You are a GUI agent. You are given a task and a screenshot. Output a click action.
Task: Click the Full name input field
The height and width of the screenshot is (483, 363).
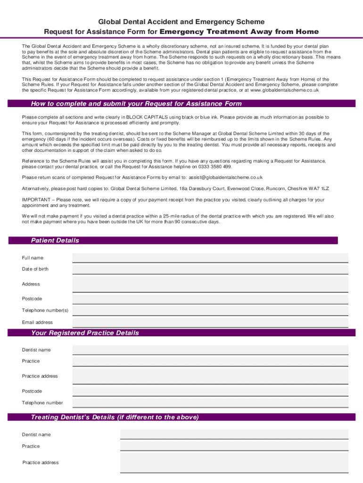coord(210,258)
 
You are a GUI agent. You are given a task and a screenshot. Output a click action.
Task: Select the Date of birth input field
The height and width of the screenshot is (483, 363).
coord(210,269)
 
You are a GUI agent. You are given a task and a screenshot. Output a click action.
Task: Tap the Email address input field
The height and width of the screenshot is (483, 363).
coord(210,322)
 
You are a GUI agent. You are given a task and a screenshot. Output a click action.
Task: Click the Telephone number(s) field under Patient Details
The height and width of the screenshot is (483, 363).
coord(210,310)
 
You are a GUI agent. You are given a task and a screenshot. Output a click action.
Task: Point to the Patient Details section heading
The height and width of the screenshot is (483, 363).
coord(55,241)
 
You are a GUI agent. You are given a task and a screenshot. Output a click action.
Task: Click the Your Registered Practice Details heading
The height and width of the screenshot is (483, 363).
coord(85,333)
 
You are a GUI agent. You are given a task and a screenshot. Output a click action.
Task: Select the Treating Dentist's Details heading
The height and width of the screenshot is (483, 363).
coord(115,417)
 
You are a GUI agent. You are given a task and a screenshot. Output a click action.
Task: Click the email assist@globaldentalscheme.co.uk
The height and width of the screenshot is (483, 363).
coord(225,177)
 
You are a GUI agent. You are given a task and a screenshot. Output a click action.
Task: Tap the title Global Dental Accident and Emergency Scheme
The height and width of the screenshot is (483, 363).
coord(181,22)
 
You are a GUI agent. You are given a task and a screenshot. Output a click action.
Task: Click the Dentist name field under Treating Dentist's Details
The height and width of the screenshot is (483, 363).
coord(234,434)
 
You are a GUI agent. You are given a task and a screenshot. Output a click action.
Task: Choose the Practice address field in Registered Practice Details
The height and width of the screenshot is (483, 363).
coord(210,376)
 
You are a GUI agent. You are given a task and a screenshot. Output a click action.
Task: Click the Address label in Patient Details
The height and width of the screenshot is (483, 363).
coord(31,284)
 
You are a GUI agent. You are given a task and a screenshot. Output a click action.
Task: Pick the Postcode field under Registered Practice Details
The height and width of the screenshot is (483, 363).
coord(210,391)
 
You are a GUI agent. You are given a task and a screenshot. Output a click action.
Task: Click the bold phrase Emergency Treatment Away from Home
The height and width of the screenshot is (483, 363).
coord(239,32)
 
